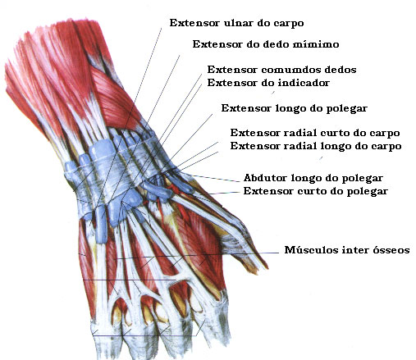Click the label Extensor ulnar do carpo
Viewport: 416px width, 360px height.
(x=236, y=23)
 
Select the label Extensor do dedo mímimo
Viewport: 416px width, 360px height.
(x=266, y=44)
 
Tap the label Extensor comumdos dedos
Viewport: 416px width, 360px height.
(x=281, y=70)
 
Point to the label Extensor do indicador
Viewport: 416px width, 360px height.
(x=268, y=83)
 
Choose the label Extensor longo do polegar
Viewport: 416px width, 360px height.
(x=295, y=108)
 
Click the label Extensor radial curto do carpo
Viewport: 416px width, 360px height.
(x=315, y=133)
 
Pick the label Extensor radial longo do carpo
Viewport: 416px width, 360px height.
(x=316, y=146)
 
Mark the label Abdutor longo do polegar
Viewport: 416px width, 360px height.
(x=313, y=178)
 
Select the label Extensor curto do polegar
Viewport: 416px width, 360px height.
(x=316, y=191)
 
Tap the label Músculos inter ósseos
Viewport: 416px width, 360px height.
(x=347, y=250)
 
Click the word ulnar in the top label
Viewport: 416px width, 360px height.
(x=238, y=23)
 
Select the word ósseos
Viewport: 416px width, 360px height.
(x=391, y=250)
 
